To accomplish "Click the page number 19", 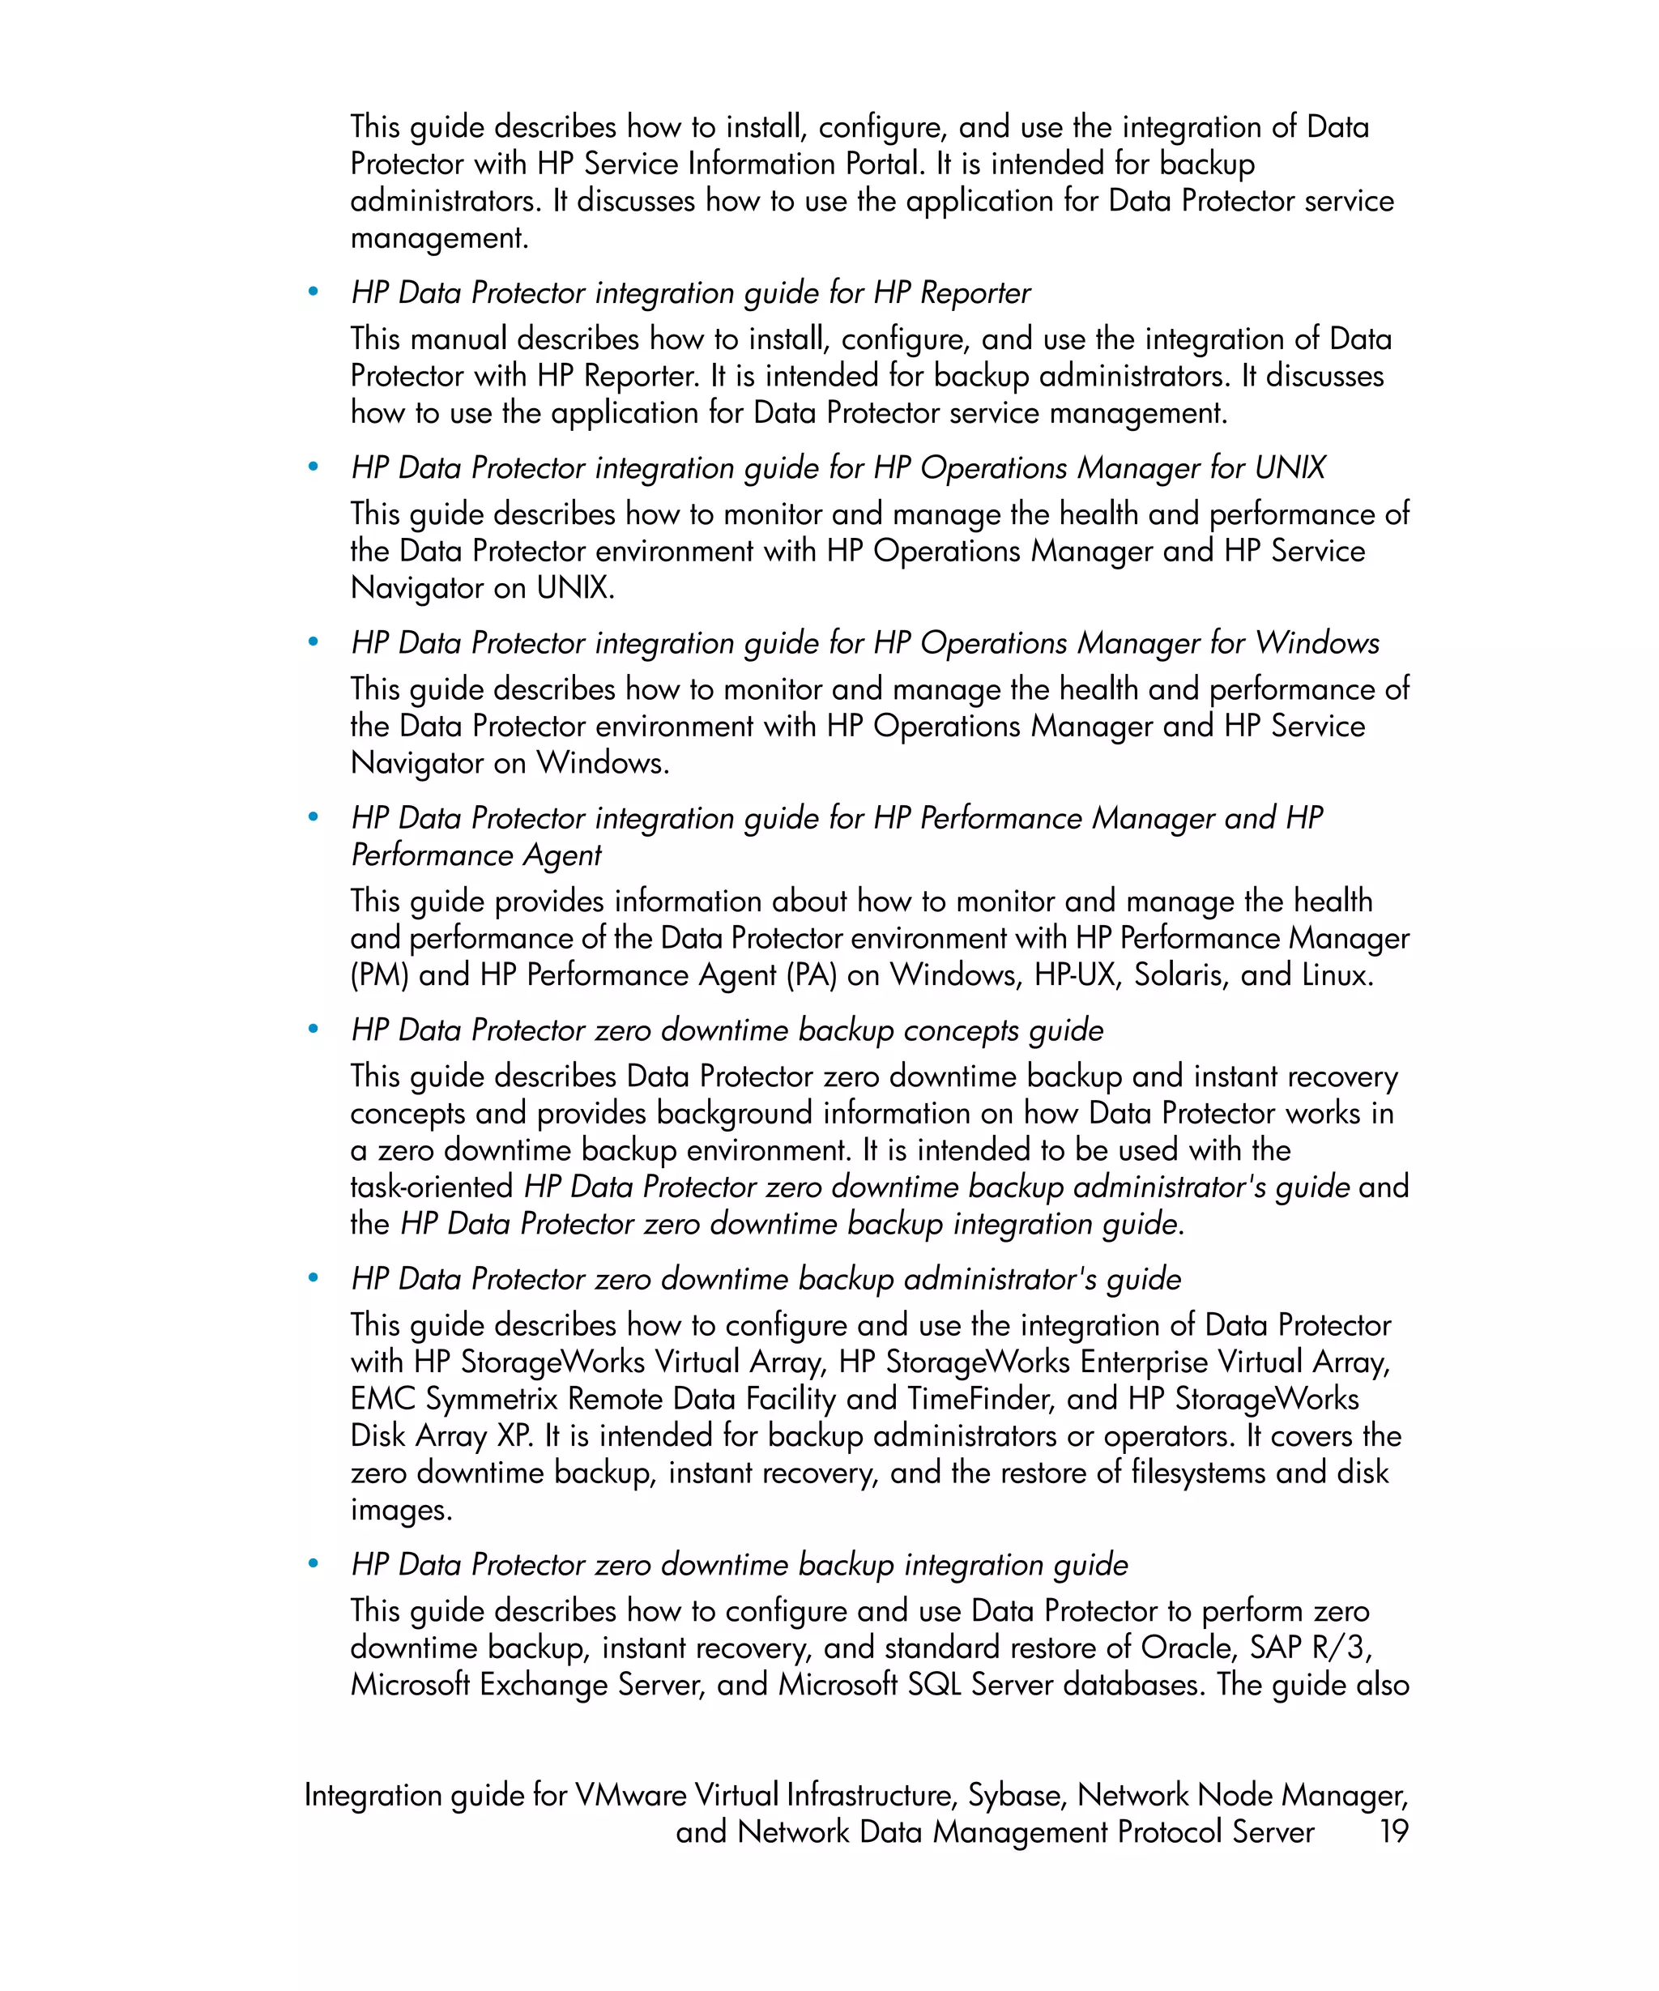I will click(1392, 1831).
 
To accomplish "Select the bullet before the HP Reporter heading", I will click(313, 292).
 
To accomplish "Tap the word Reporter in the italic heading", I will click(975, 293).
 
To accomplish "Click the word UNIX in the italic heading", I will click(1290, 467).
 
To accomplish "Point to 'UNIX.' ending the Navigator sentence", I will click(575, 588).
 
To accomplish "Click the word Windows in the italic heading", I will click(1317, 643).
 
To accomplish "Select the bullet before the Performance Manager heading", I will click(313, 817).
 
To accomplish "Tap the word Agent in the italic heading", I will click(562, 855).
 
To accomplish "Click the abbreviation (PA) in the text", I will click(811, 974).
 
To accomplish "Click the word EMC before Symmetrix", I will click(382, 1398).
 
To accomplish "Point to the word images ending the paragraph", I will click(400, 1509).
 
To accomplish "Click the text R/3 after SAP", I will click(1340, 1648).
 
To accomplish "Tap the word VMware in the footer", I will click(630, 1795).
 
